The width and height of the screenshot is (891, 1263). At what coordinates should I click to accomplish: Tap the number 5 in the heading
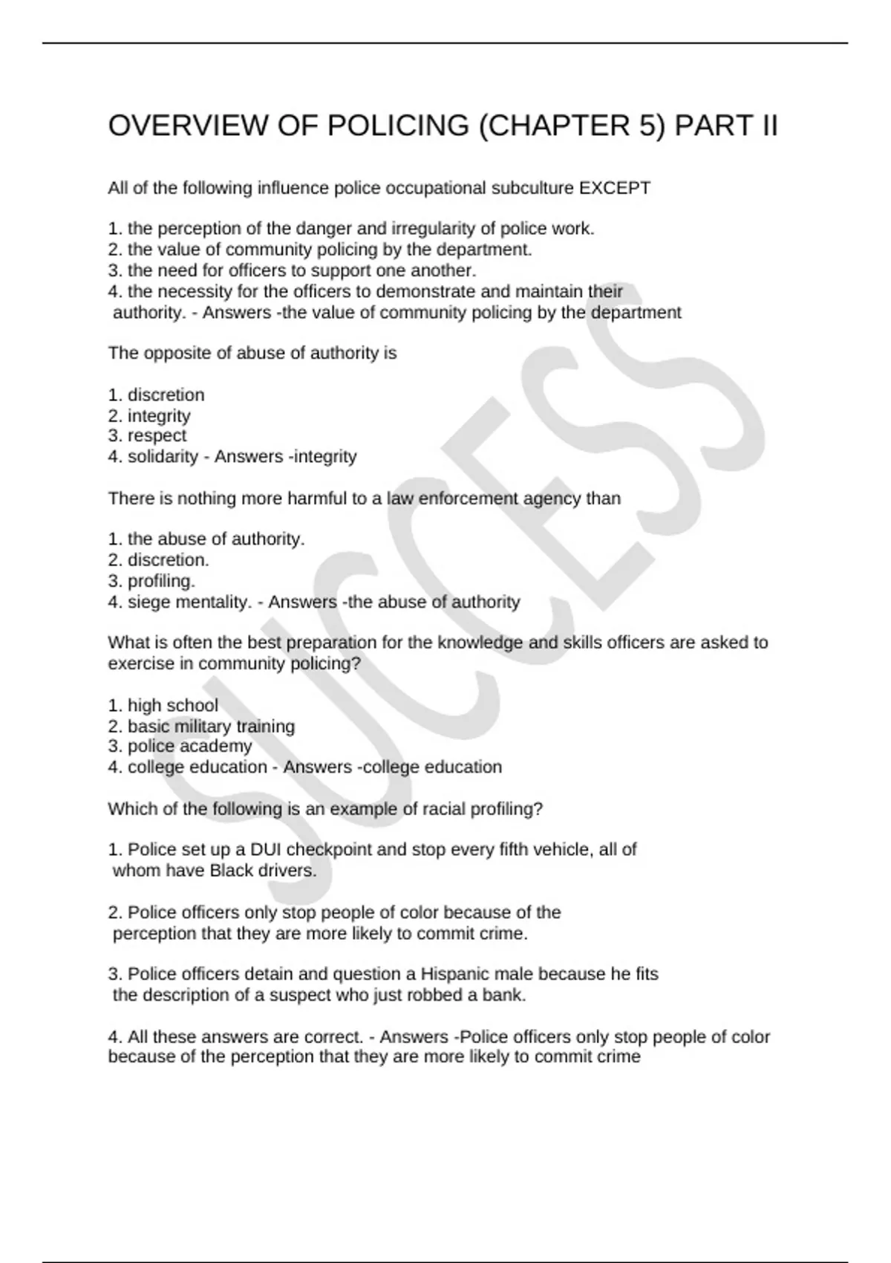click(x=656, y=126)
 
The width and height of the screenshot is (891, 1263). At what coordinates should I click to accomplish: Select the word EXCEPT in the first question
click(x=615, y=188)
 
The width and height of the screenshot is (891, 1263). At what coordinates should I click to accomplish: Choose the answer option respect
click(x=157, y=435)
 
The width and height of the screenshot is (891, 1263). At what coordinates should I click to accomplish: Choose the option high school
click(x=172, y=705)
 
